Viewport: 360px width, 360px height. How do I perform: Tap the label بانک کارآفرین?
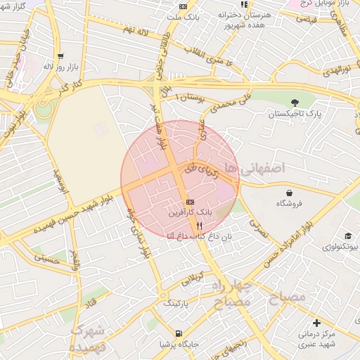[x=189, y=211]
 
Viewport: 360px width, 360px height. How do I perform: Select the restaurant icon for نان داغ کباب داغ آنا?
[x=200, y=226]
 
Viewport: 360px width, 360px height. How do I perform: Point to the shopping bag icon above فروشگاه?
[x=289, y=193]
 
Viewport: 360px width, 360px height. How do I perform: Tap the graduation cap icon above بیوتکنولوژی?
[x=348, y=236]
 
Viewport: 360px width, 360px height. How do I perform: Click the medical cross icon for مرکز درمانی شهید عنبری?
[x=316, y=323]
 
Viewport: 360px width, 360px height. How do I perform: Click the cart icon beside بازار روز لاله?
[x=61, y=56]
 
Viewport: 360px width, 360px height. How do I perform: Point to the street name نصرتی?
[x=258, y=232]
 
